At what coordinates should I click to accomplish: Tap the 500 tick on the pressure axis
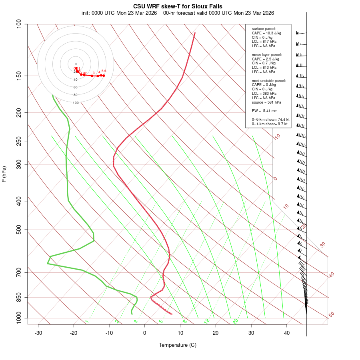[19, 230]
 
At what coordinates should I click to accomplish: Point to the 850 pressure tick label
[19, 297]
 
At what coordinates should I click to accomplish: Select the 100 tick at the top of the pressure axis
[19, 24]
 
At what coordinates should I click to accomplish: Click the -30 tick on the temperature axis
[38, 333]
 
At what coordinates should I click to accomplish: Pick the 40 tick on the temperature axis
[287, 333]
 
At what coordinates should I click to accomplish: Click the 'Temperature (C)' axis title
[177, 345]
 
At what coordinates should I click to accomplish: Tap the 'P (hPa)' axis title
[4, 174]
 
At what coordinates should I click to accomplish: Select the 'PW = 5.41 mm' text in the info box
[264, 110]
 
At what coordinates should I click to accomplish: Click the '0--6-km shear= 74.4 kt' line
[270, 119]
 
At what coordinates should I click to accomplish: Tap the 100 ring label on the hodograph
[76, 103]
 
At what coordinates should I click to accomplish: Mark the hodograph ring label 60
[76, 87]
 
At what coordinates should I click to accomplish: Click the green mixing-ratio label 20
[236, 321]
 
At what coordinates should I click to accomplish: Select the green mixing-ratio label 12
[207, 321]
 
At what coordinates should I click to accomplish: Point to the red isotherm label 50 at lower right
[331, 315]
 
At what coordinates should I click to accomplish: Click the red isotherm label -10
[276, 137]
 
